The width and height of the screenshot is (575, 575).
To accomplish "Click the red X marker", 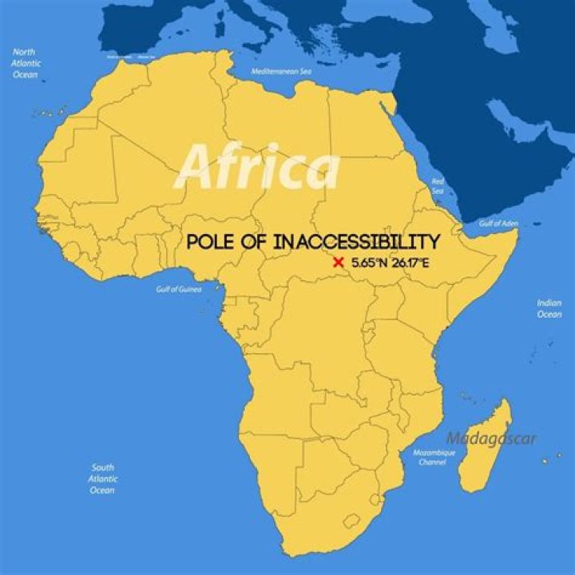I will pos(338,262).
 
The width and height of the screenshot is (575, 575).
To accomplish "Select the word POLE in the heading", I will pos(214,241).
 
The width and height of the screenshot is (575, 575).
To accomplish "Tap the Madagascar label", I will pos(491,438).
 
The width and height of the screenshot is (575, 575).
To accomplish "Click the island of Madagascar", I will pos(485,451).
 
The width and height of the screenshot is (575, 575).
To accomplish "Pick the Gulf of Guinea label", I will pos(176,288).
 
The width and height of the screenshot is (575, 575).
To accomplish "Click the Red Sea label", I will pos(438,186).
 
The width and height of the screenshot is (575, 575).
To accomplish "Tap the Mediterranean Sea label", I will pos(280,71).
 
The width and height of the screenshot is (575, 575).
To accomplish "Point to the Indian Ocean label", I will pos(549,308).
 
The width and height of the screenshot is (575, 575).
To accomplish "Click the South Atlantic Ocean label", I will pos(102,478).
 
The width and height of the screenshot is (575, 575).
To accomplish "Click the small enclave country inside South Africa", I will pos(351,522).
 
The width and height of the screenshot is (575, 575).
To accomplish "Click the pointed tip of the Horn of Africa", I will pos(517,232).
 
